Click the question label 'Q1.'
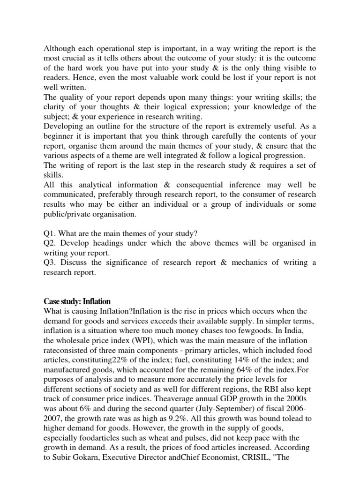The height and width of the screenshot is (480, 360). (x=51, y=233)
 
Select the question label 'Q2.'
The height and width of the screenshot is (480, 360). (x=51, y=243)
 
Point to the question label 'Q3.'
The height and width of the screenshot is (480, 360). (x=51, y=263)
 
